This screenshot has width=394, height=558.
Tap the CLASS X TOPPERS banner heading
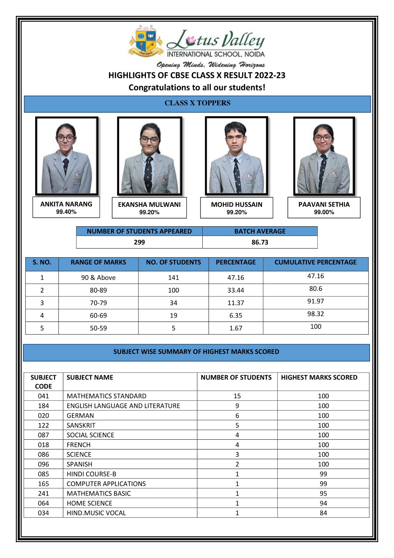pyautogui.click(x=197, y=103)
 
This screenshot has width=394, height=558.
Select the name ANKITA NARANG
pyautogui.click(x=66, y=204)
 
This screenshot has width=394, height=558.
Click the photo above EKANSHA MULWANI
pyautogui.click(x=149, y=156)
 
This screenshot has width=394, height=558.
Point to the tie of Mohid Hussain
pyautogui.click(x=237, y=174)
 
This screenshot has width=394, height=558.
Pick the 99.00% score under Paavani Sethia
pyautogui.click(x=324, y=212)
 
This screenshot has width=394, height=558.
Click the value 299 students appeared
pyautogui.click(x=139, y=242)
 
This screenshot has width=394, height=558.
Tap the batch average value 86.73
pyautogui.click(x=260, y=242)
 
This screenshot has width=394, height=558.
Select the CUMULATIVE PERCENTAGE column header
pyautogui.click(x=315, y=262)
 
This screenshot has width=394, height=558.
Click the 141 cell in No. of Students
pyautogui.click(x=173, y=278)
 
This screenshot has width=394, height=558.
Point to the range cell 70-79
pyautogui.click(x=98, y=303)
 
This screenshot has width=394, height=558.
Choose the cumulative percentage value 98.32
pyautogui.click(x=315, y=314)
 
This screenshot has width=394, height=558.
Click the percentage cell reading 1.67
pyautogui.click(x=235, y=328)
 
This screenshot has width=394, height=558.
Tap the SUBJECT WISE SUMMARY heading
pyautogui.click(x=196, y=352)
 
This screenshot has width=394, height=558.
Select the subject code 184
pyautogui.click(x=44, y=406)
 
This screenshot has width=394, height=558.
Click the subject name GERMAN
pyautogui.click(x=80, y=416)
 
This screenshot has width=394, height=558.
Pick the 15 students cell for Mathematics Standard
pyautogui.click(x=237, y=396)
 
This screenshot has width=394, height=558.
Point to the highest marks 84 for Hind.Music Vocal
pyautogui.click(x=323, y=513)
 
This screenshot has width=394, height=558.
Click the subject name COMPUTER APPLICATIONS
pyautogui.click(x=106, y=484)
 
